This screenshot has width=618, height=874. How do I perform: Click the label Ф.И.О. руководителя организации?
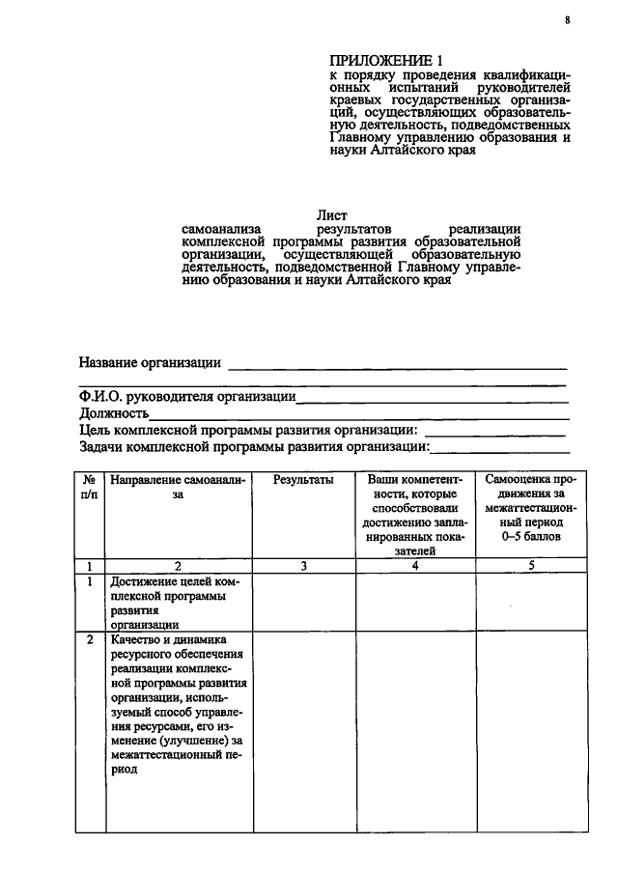[x=187, y=396]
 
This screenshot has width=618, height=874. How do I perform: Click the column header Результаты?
[x=303, y=479]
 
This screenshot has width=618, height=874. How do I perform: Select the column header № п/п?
[x=89, y=487]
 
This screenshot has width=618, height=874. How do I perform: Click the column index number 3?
[x=303, y=566]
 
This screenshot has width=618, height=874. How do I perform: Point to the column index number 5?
[x=531, y=566]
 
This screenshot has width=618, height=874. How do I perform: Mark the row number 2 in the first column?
[x=89, y=640]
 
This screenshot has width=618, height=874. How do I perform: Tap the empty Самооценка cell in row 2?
[x=531, y=730]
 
